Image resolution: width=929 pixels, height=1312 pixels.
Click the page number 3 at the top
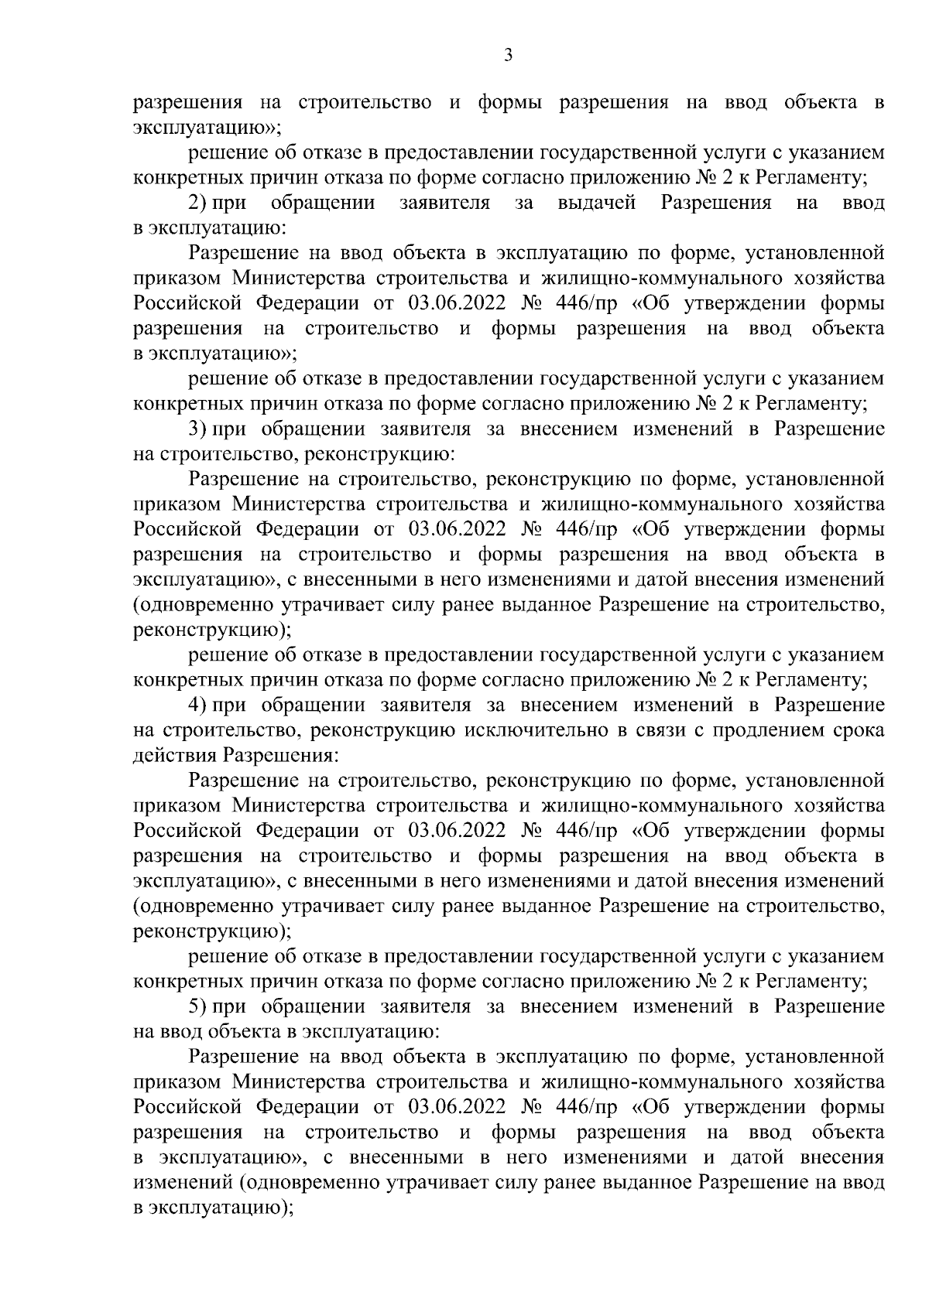coord(508,53)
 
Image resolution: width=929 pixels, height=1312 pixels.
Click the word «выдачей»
coord(596,203)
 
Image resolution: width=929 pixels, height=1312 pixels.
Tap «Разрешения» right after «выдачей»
coord(716,203)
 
